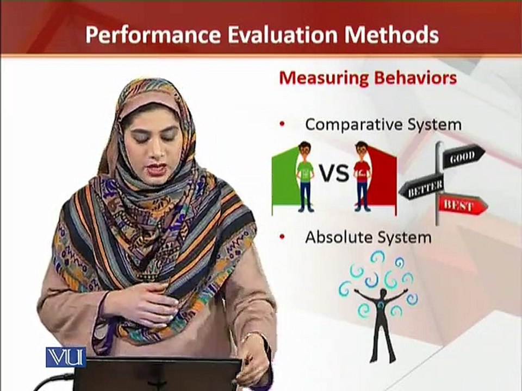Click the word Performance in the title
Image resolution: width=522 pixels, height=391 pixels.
153,35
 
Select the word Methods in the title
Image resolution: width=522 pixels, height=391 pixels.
392,35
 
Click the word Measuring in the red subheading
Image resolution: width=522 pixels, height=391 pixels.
324,79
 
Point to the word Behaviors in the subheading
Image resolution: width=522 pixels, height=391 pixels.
415,78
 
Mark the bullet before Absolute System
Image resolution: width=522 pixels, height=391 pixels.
283,237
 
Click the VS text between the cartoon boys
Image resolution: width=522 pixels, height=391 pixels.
334,173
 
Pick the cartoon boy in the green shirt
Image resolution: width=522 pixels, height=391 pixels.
305,177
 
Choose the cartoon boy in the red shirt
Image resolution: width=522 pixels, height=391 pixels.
362,176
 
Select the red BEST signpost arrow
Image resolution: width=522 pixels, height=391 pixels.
462,205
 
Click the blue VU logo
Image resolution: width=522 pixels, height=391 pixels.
66,357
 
